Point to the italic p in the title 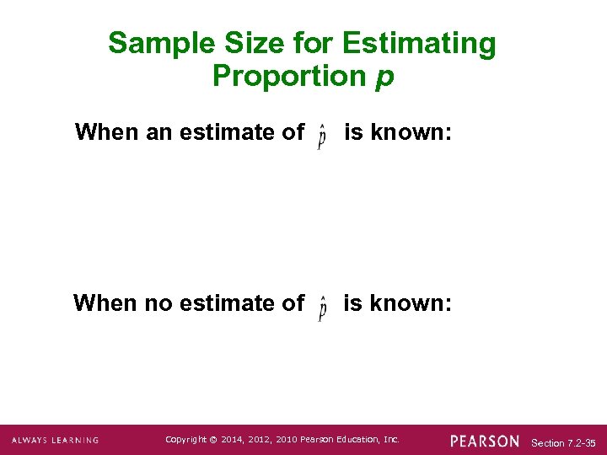click(384, 78)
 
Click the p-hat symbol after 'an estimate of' click(322, 136)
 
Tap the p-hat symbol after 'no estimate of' click(322, 308)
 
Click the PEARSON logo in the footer click(485, 441)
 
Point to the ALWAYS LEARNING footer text click(55, 441)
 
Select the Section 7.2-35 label click(564, 442)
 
